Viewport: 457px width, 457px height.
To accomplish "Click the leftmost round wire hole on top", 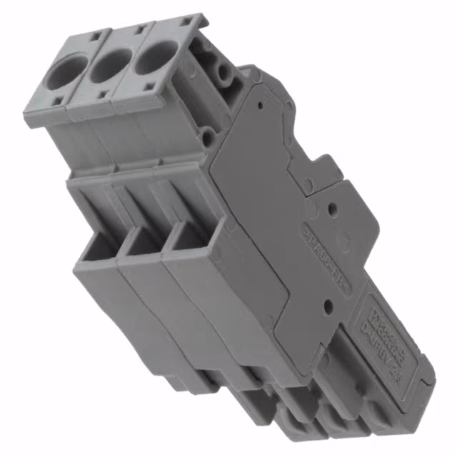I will pos(66,74).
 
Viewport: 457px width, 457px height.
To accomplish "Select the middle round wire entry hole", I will pos(111,64).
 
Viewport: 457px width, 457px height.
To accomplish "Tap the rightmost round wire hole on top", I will pos(156,56).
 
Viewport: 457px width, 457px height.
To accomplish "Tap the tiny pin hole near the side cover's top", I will pos(260,105).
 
